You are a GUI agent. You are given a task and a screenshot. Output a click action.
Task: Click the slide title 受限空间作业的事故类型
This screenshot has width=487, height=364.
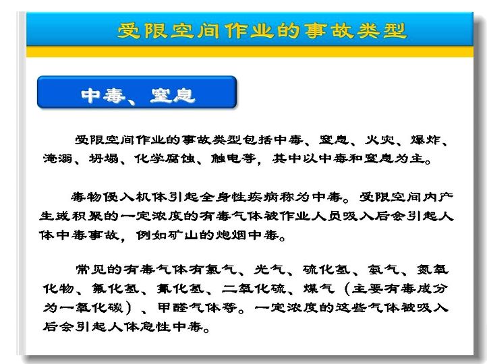coord(262,31)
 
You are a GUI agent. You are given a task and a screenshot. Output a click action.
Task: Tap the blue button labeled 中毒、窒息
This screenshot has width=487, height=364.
coord(137,92)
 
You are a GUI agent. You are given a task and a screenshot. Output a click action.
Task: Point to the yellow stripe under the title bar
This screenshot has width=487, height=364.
coord(250,51)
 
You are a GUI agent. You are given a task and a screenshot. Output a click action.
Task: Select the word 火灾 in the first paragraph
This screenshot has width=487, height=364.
coord(380,140)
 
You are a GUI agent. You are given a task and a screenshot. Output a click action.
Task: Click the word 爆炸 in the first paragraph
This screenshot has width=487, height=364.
coord(426,140)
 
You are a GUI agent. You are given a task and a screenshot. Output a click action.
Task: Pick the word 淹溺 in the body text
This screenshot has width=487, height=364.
coord(58,158)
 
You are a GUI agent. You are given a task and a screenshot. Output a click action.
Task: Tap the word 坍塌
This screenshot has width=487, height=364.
coord(104,158)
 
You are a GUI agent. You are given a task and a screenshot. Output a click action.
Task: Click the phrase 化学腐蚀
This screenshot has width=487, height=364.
coord(165,158)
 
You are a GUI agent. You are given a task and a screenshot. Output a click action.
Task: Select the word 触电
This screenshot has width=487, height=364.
coord(226,158)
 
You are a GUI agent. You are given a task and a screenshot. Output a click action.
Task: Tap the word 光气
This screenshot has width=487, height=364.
coord(270,269)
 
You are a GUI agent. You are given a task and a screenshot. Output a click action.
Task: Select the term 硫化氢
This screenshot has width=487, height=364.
coord(326,269)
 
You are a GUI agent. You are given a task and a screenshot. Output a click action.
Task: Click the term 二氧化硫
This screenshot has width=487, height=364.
coord(254,289)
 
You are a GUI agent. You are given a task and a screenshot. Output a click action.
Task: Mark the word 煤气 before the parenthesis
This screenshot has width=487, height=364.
coord(318,289)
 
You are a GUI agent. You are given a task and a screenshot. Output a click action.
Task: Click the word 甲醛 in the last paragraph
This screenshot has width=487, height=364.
coord(173,307)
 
